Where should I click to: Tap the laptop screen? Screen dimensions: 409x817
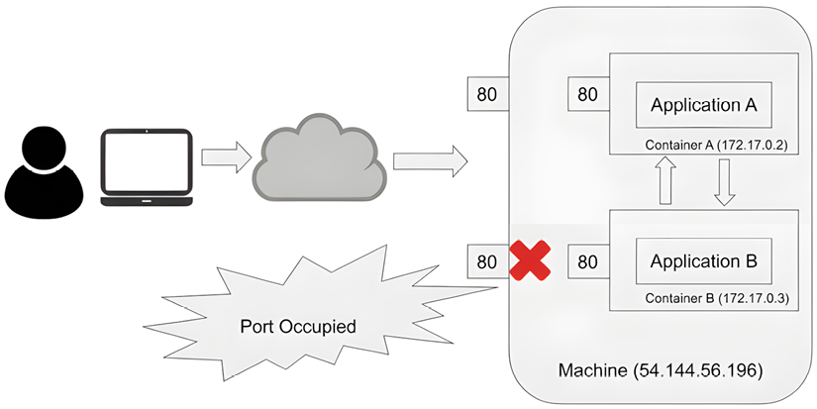pos(147,162)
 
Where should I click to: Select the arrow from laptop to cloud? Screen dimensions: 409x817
pos(224,157)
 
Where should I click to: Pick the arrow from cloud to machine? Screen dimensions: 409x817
pos(429,158)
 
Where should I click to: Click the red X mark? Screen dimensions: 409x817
pos(530,261)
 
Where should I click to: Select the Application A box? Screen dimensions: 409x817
pos(703,104)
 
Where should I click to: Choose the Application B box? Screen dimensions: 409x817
pos(703,261)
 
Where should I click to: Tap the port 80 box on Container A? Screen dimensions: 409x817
pos(587,94)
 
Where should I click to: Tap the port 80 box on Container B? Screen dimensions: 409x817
pos(587,261)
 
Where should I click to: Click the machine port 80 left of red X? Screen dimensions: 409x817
pos(486,261)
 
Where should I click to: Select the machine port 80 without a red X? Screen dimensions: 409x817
pos(486,94)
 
